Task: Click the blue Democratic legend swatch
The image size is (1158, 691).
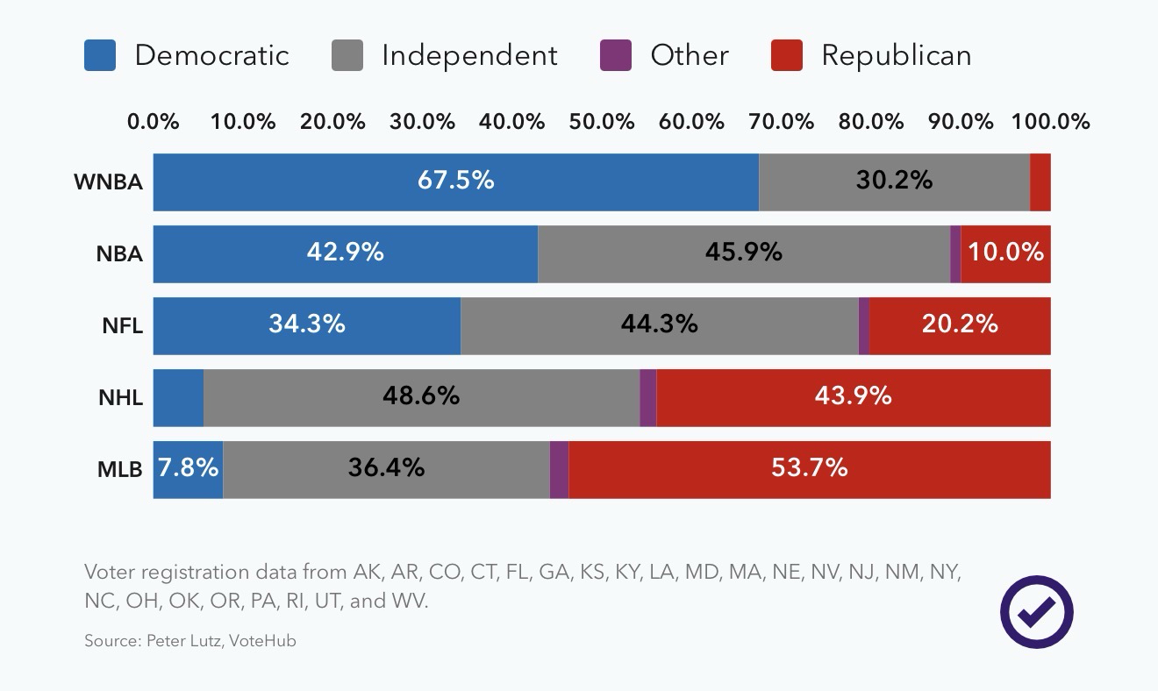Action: coord(100,55)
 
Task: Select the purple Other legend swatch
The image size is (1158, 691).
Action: coord(616,55)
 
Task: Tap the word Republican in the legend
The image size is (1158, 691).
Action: coord(896,55)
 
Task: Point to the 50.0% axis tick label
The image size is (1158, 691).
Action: coord(602,122)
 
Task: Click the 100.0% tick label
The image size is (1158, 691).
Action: coord(1051,122)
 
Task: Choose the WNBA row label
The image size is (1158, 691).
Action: coord(108,182)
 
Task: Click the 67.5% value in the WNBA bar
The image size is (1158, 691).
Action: coord(455,181)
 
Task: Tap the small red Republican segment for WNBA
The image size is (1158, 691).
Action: coord(1040,182)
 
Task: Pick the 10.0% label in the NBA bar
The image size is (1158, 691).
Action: coord(1006,253)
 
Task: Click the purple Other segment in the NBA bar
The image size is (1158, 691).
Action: coord(955,254)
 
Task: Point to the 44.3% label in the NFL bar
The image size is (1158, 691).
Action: coord(659,324)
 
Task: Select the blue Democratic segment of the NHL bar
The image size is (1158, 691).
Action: coord(178,398)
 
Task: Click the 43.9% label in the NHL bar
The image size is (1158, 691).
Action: coord(853,396)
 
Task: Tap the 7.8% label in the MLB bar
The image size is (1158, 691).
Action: coord(188,468)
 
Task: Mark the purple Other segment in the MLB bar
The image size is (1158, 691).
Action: coord(559,470)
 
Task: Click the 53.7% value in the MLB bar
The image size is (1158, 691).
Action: coord(809,468)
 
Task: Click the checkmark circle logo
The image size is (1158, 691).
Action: coord(1037,611)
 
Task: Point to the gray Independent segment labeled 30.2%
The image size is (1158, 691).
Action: coord(894,181)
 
